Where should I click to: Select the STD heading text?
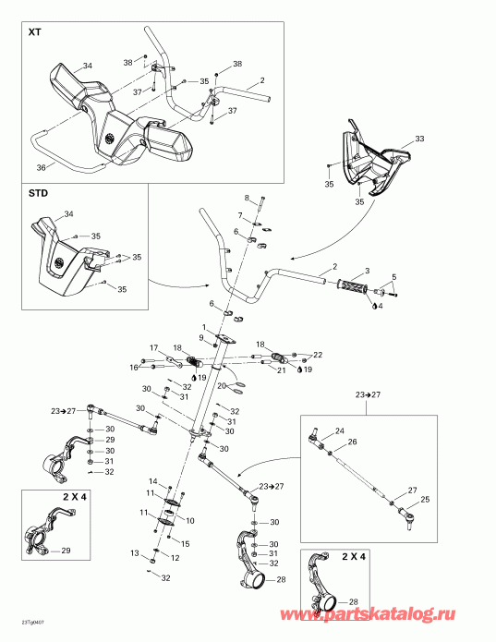point(38,195)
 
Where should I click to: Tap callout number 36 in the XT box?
point(40,167)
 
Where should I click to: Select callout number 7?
point(239,215)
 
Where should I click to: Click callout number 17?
point(156,347)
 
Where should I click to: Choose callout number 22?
point(318,355)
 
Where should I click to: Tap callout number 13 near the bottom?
point(135,553)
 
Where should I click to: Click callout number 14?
point(154,481)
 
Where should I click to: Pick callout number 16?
point(134,367)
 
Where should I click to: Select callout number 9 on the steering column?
point(200,337)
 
